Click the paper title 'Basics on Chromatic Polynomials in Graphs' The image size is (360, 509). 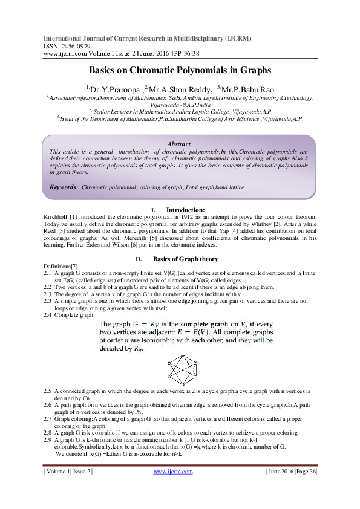[180, 71]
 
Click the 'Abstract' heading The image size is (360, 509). [179, 144]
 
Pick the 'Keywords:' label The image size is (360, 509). [64, 187]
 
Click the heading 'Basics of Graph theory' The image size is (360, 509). [185, 259]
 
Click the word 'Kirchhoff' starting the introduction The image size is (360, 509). [57, 216]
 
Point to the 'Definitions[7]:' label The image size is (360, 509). [63, 266]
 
